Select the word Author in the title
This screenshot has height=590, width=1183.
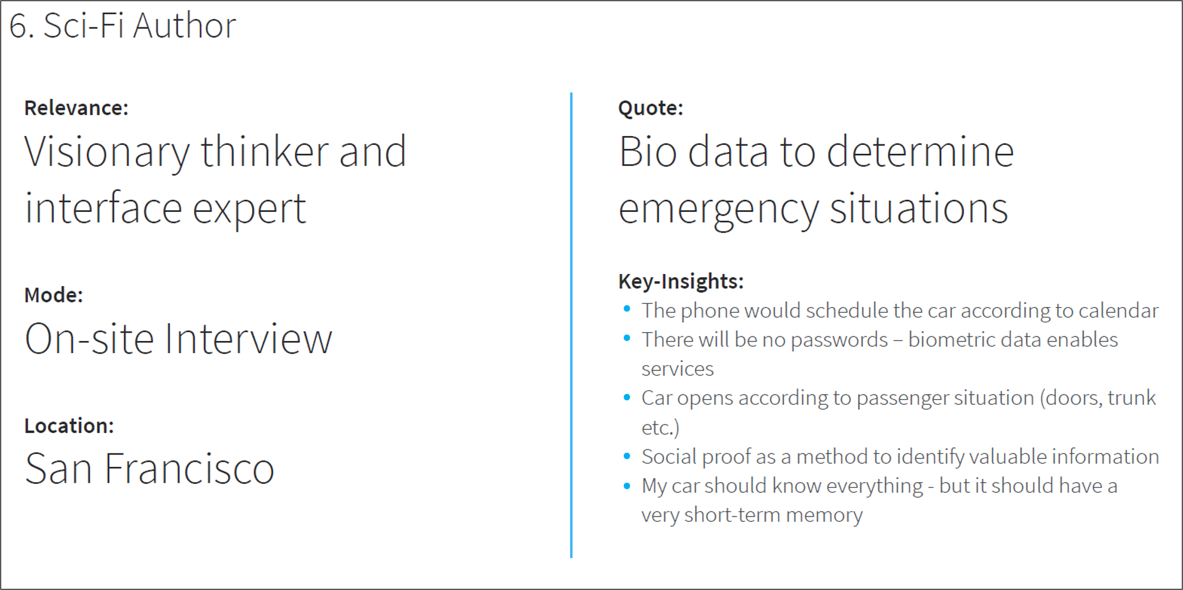pos(185,26)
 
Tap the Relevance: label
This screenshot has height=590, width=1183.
pos(76,108)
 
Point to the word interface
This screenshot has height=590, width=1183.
pos(103,208)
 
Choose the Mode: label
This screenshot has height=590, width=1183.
pos(54,295)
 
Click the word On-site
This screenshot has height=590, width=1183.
pos(89,338)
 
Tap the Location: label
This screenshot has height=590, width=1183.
pos(69,426)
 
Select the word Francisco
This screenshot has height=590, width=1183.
pos(189,469)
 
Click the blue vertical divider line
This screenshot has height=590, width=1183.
pos(571,325)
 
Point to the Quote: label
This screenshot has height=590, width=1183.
pos(651,108)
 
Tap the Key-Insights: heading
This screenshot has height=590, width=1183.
pos(681,281)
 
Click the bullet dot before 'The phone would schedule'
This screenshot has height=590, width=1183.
pos(627,309)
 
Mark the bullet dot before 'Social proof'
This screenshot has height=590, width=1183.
pos(627,456)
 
